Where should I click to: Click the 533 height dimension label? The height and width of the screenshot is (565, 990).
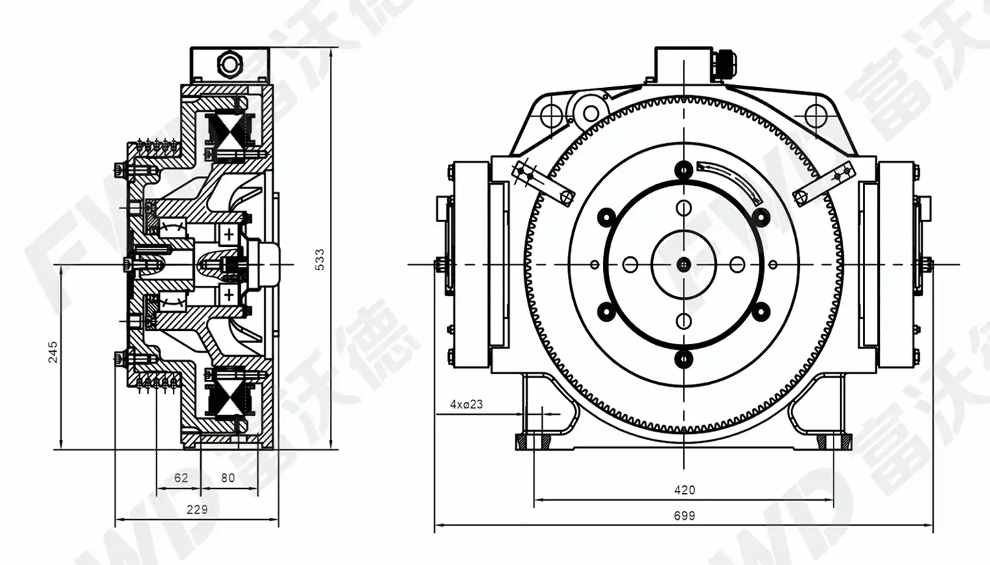pyautogui.click(x=320, y=260)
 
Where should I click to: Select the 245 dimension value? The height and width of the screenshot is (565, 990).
pyautogui.click(x=53, y=352)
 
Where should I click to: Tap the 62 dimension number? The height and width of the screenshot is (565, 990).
pyautogui.click(x=181, y=477)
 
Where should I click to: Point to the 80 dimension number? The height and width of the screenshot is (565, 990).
pyautogui.click(x=228, y=477)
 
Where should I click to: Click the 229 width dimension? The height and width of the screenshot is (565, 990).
pyautogui.click(x=197, y=509)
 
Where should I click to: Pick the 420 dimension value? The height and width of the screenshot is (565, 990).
pyautogui.click(x=685, y=490)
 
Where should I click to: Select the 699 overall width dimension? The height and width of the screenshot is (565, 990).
pyautogui.click(x=685, y=516)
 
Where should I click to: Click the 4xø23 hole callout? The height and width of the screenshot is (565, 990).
pyautogui.click(x=467, y=404)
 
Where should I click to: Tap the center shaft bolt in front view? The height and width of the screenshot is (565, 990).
pyautogui.click(x=684, y=265)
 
